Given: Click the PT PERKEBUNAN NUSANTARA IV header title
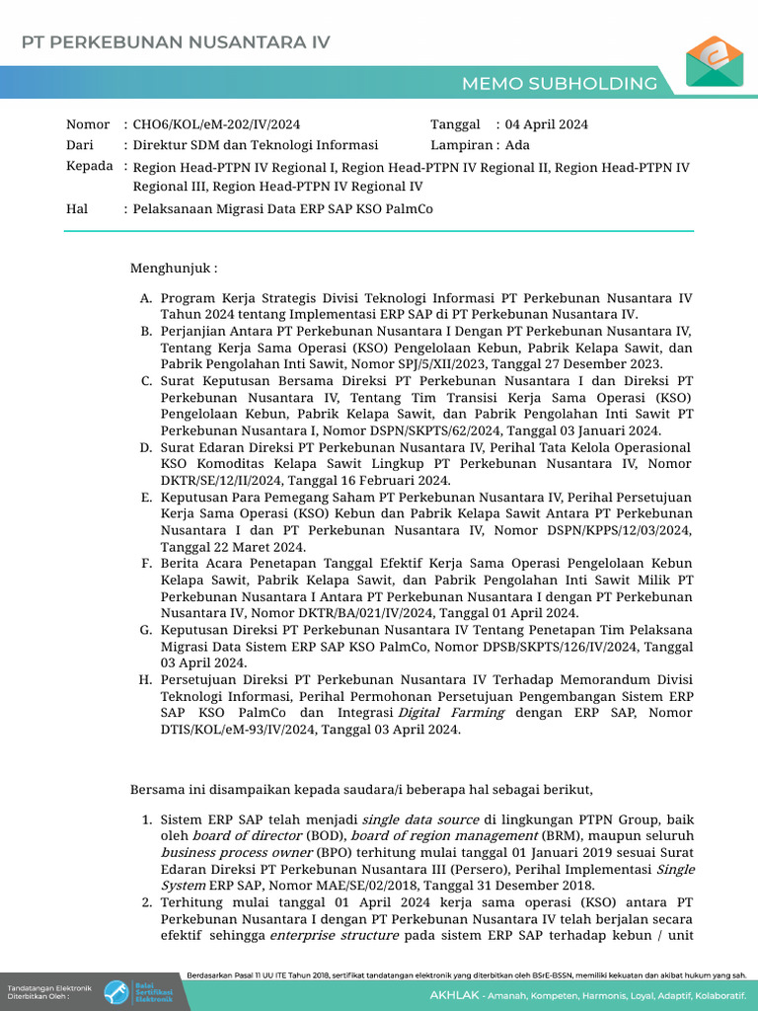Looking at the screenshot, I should [x=176, y=42].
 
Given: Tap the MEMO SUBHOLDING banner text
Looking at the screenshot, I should [x=573, y=83].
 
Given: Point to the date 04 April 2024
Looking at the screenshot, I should [x=546, y=124].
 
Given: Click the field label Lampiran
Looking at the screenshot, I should [x=460, y=145].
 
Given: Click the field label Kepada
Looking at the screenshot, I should [x=89, y=166].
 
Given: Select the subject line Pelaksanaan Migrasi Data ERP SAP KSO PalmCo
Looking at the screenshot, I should [x=282, y=209].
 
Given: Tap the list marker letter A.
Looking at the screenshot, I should [x=145, y=298].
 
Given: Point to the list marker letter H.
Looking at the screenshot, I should [x=145, y=679].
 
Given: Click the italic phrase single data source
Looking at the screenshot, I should [x=420, y=819].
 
